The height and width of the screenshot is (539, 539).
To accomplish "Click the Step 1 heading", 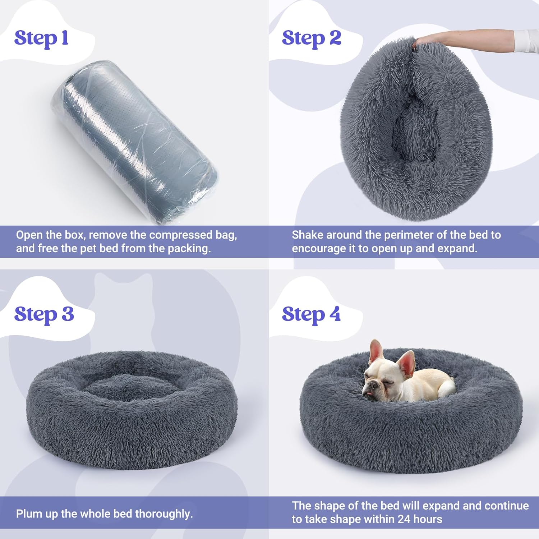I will coord(41,38).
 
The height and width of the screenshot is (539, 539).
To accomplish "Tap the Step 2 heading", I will coord(311,38).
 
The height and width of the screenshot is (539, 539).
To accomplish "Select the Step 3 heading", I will coord(44,314).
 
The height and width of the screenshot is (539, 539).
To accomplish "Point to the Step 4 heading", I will coord(311,314).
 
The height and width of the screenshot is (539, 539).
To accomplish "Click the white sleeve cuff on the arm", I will coord(526,41).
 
